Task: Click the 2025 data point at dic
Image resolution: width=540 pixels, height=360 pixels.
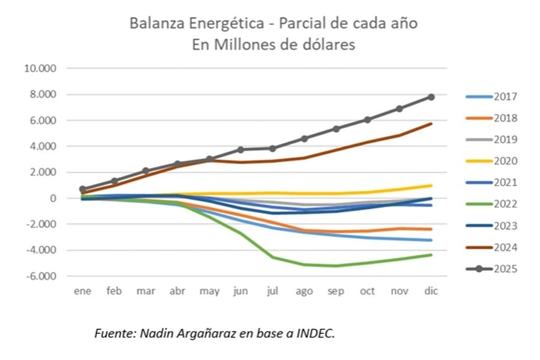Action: [x=431, y=97]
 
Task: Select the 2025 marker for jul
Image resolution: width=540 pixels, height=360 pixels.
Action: [x=272, y=148]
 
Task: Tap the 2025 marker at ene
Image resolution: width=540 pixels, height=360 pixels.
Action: [x=83, y=189]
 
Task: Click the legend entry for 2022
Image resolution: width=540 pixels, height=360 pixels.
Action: [x=492, y=204]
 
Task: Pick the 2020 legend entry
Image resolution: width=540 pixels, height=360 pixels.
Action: [x=492, y=161]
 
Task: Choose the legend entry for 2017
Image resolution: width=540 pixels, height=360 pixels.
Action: [x=492, y=97]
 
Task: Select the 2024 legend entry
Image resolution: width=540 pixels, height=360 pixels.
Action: [x=492, y=248]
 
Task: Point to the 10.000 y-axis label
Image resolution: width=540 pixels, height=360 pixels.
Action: [x=40, y=68]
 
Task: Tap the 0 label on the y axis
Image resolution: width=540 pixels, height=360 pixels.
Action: [x=53, y=199]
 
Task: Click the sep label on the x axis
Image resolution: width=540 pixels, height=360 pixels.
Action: [x=336, y=291]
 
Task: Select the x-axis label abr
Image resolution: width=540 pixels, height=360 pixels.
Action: [x=177, y=291]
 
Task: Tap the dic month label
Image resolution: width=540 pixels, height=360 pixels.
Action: [x=431, y=291]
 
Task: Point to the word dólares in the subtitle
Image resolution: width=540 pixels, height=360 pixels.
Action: [x=330, y=45]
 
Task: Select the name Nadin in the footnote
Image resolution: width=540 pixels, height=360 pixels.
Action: [x=155, y=334]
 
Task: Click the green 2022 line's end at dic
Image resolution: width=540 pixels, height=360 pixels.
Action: [x=431, y=255]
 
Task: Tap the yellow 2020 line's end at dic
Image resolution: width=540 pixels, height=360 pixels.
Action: [x=431, y=186]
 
